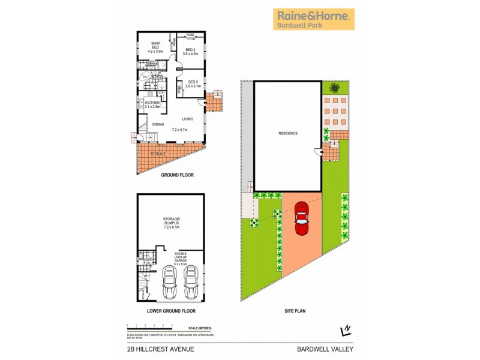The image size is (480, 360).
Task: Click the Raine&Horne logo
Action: pyautogui.click(x=314, y=19)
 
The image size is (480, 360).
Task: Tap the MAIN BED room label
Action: pyautogui.click(x=155, y=46)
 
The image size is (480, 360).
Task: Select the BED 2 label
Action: pyautogui.click(x=191, y=51)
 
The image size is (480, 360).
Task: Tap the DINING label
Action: pyautogui.click(x=158, y=124)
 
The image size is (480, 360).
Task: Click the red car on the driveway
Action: pyautogui.click(x=301, y=220)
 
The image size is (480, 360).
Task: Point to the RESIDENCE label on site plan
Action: pyautogui.click(x=287, y=133)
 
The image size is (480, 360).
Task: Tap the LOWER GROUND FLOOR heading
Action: pyautogui.click(x=172, y=311)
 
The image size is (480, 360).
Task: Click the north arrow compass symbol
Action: pyautogui.click(x=346, y=329)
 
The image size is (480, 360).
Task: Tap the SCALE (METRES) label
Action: pyautogui.click(x=199, y=328)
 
